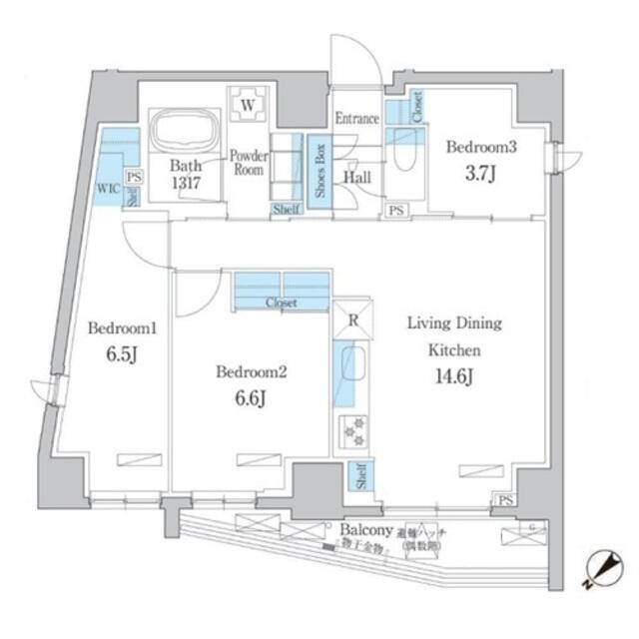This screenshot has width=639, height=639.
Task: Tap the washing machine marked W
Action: [x=249, y=104]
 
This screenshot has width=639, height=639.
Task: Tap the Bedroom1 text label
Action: [x=116, y=327]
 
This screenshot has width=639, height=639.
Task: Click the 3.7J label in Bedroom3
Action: [x=480, y=173]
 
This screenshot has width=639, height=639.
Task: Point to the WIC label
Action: [x=108, y=186]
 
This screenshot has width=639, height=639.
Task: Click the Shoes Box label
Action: [x=319, y=172]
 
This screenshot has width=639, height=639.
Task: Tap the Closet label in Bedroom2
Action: [x=281, y=303]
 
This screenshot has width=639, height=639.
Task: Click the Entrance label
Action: [x=355, y=119]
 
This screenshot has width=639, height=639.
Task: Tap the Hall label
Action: [x=358, y=177]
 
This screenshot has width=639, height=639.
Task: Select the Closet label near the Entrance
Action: [x=416, y=108]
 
